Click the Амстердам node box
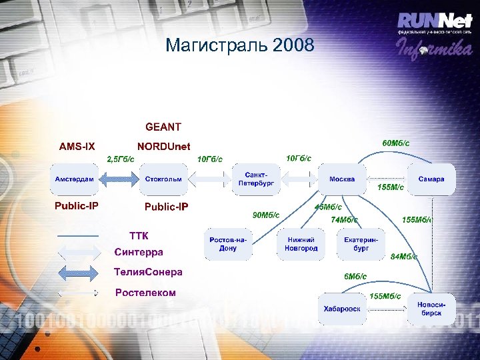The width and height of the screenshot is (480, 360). (75, 179)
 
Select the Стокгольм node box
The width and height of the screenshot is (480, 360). (163, 179)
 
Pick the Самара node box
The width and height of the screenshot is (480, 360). (431, 179)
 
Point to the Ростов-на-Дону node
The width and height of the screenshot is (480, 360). (228, 244)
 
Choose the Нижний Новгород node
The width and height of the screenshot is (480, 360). (302, 244)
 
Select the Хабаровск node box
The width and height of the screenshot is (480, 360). (342, 309)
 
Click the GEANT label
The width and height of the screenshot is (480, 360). (163, 127)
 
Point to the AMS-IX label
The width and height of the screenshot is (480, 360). (77, 147)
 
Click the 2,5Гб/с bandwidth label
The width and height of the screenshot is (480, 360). (121, 159)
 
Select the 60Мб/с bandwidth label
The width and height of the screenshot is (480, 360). (395, 143)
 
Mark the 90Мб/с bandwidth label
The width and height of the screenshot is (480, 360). (265, 215)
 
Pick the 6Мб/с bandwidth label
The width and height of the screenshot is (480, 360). (355, 277)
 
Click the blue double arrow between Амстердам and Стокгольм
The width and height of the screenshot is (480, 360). (120, 179)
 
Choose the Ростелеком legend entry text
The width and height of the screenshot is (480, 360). (145, 293)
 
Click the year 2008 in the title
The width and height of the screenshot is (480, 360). (292, 45)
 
